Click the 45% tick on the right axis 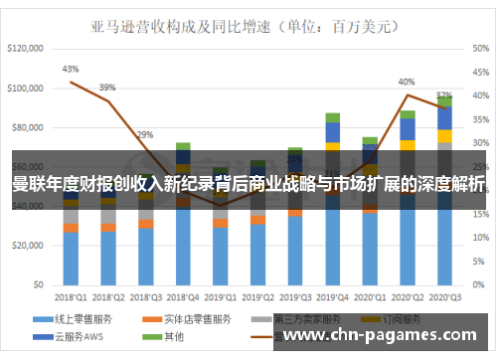pyautogui.click(x=478, y=48)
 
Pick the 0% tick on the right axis pyautogui.click(x=474, y=285)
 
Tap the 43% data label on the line pyautogui.click(x=70, y=70)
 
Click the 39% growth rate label pyautogui.click(x=106, y=87)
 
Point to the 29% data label pyautogui.click(x=145, y=134)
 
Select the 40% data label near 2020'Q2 pyautogui.click(x=407, y=82)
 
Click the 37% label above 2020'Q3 pyautogui.click(x=444, y=95)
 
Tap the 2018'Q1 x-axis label pyautogui.click(x=70, y=295)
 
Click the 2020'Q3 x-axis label pyautogui.click(x=444, y=295)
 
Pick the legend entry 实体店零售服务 pyautogui.click(x=193, y=318)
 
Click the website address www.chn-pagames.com pyautogui.click(x=384, y=334)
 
